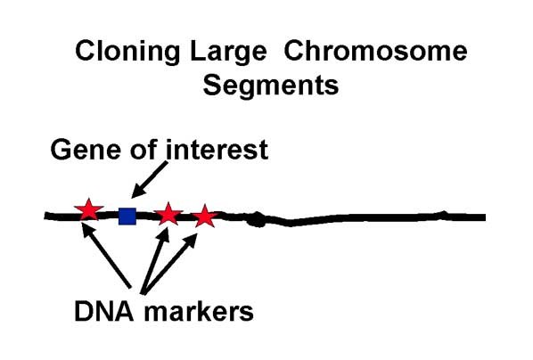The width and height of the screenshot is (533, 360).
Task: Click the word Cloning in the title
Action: tap(127, 52)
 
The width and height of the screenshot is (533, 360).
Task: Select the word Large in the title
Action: tap(228, 52)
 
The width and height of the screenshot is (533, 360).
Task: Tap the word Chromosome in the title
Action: tap(375, 51)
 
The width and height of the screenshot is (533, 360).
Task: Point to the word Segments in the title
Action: tap(271, 86)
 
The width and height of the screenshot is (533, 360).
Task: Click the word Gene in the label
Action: tap(86, 150)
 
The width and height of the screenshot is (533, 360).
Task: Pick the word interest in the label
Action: tap(217, 149)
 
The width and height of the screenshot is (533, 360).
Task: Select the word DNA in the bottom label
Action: tap(104, 311)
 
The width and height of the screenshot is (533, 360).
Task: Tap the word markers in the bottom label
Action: tap(199, 312)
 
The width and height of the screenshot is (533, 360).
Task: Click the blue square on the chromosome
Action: tap(127, 217)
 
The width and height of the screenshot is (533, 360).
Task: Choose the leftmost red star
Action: tap(89, 210)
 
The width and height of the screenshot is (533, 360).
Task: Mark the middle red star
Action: tap(168, 214)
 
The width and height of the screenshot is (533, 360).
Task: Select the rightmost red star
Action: tap(205, 217)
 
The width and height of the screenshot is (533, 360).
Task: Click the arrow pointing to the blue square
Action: tap(149, 179)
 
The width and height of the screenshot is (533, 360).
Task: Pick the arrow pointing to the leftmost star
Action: tap(107, 255)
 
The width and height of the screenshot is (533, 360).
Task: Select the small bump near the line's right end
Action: tap(443, 214)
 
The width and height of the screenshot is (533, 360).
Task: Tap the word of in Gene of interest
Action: tap(143, 149)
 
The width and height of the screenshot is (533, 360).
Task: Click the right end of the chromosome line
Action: tap(485, 217)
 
